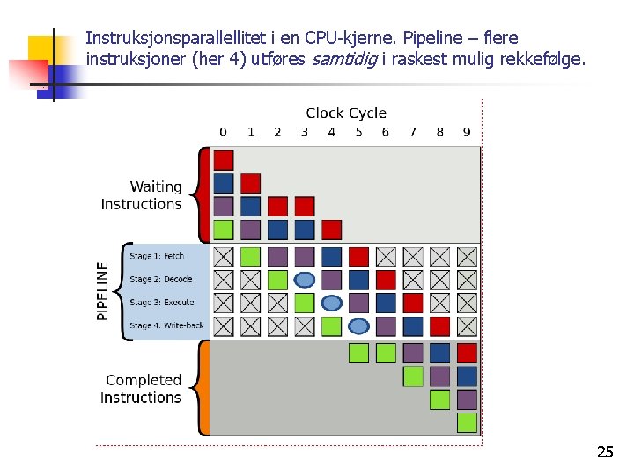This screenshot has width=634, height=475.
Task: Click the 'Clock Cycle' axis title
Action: point(345,113)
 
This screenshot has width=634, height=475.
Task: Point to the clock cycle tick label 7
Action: point(412,133)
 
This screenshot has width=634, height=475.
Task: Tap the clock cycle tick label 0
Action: point(223,133)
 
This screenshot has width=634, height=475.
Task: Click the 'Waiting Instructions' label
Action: point(142,195)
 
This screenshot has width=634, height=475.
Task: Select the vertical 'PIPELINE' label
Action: point(104,290)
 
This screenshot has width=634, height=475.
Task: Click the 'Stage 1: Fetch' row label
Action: point(157,256)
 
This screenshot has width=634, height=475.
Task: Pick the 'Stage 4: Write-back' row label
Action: point(166,325)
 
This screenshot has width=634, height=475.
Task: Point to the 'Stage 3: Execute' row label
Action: point(161,303)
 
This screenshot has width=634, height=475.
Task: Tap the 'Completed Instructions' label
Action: point(141,389)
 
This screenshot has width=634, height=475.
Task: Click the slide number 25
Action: point(605,453)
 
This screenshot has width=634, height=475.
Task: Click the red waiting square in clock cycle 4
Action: point(331,230)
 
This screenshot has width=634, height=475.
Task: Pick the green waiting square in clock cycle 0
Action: point(224,230)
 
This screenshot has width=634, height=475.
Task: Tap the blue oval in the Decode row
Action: point(305,280)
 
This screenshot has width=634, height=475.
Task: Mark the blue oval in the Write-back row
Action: point(358,326)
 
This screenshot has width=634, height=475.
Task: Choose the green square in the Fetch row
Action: point(251,257)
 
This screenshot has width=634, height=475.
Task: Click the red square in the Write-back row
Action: point(439,326)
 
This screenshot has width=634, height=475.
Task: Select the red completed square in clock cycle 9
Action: point(467,353)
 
